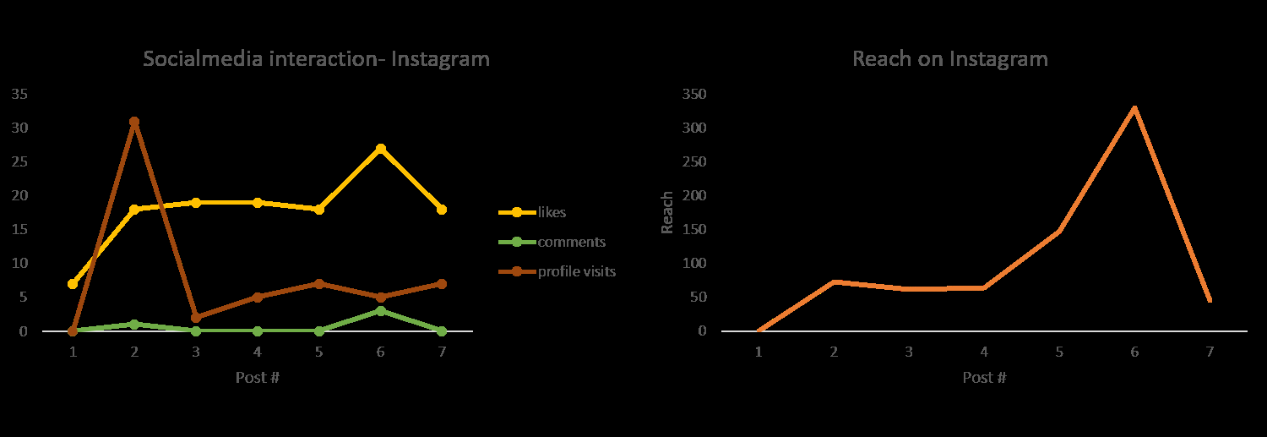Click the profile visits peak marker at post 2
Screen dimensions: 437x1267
(133, 122)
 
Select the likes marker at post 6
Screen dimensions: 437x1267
(380, 149)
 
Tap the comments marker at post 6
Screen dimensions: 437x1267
(380, 311)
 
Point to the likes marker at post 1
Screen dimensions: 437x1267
(73, 284)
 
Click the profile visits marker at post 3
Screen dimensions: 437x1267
(195, 318)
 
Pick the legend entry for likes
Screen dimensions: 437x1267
(551, 212)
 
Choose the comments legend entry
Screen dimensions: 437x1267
(571, 242)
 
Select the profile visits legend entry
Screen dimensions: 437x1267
(577, 271)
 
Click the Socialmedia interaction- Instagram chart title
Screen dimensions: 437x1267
(316, 59)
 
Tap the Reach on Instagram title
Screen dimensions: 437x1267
(949, 59)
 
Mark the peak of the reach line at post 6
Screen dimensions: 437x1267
(1134, 107)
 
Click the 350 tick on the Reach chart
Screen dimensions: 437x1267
(694, 94)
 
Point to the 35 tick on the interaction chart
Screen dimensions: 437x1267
(20, 94)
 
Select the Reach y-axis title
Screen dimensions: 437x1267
(667, 212)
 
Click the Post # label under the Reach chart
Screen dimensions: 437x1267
(984, 377)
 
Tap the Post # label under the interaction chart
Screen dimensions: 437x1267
(257, 377)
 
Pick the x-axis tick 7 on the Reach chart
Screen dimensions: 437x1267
(1210, 352)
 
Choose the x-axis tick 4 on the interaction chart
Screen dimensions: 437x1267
(257, 352)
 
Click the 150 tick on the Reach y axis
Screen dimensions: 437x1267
(694, 229)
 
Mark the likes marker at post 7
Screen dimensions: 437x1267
(441, 210)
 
